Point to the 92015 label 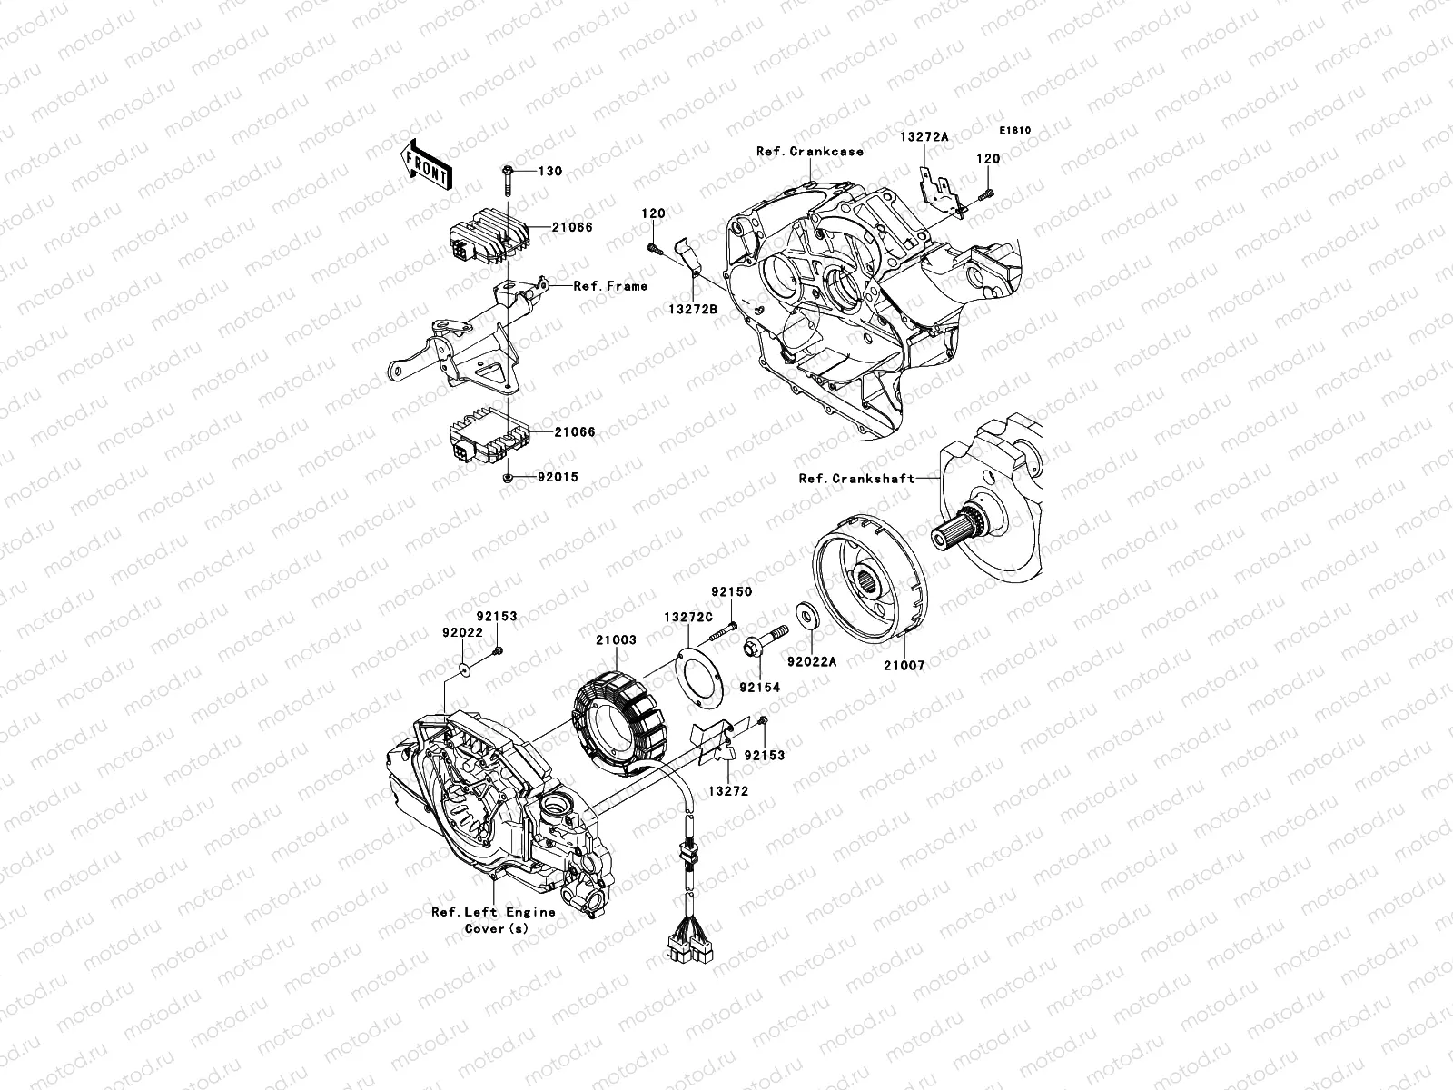[x=558, y=477]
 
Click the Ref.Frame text [x=610, y=286]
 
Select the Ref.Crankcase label [x=810, y=152]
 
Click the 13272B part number [x=694, y=310]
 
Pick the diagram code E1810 [x=1016, y=131]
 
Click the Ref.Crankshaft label [x=856, y=478]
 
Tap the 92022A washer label [x=811, y=663]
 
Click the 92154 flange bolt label [x=758, y=688]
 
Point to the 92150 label [x=731, y=591]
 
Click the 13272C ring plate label [x=687, y=616]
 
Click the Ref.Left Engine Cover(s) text [x=493, y=920]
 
